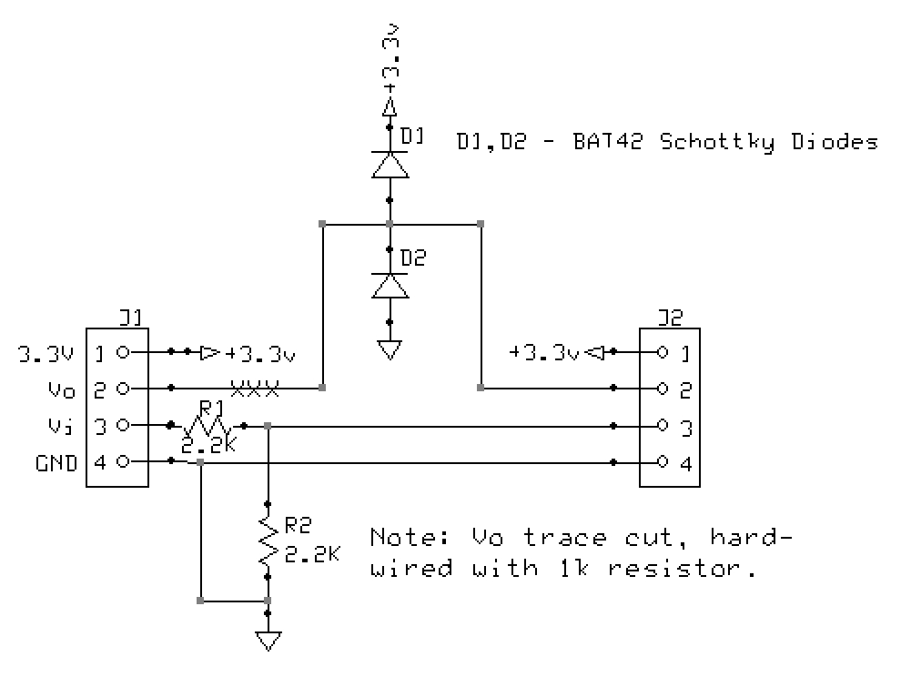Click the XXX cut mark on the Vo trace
point(254,389)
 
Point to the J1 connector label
point(130,318)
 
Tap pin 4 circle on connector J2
point(662,462)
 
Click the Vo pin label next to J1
point(62,389)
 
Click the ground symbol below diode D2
point(390,349)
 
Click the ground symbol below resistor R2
point(268,641)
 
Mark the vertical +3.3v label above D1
point(390,64)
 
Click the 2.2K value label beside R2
point(312,554)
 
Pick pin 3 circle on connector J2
point(662,425)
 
